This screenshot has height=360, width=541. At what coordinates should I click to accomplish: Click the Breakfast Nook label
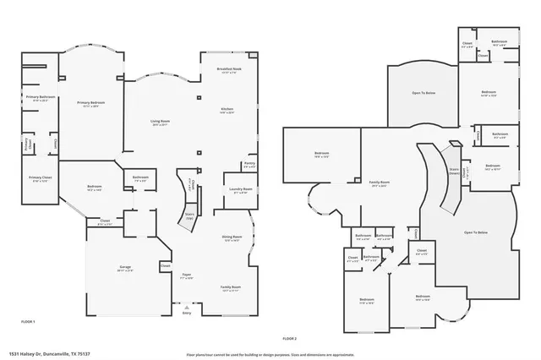(225, 69)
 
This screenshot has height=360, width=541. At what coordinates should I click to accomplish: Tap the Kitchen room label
(227, 108)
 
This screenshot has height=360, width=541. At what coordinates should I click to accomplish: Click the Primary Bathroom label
(39, 98)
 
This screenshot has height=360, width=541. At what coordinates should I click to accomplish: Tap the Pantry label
(249, 165)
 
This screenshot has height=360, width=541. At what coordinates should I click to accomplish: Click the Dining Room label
(232, 237)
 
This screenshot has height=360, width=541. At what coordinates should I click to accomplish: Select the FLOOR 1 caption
(28, 322)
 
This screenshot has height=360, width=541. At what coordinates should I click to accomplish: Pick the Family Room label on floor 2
(379, 183)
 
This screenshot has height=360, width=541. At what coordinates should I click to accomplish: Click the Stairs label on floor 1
(189, 215)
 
